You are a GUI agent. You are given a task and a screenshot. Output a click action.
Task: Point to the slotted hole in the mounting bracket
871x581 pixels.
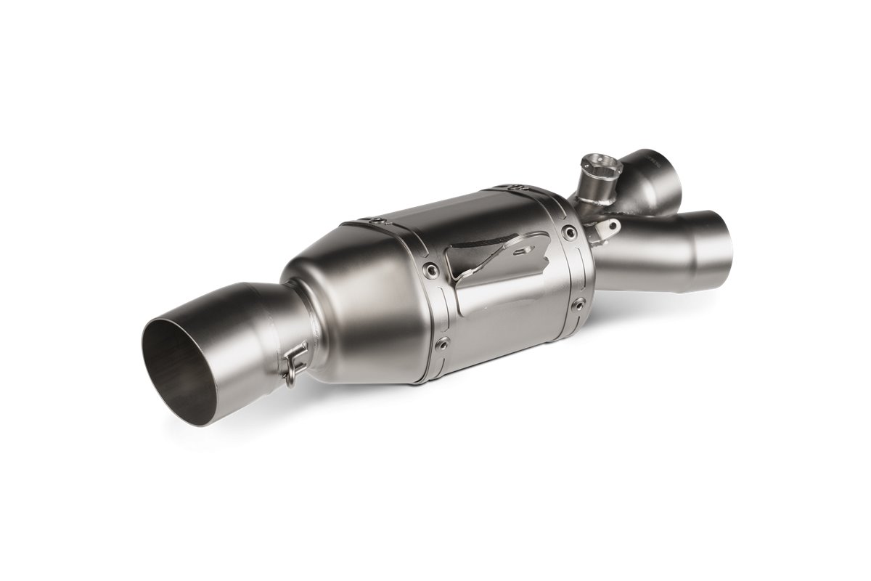[x=521, y=251]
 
